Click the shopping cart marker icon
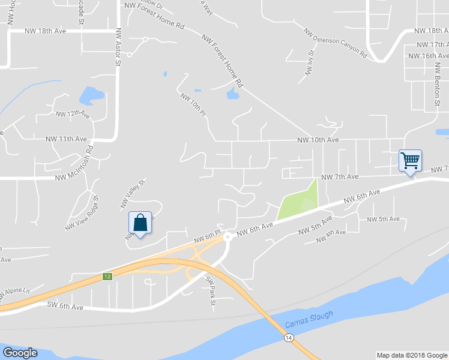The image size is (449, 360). [410, 161]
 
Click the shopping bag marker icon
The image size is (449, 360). [140, 223]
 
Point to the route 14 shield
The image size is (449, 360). [289, 338]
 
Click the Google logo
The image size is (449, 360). [20, 353]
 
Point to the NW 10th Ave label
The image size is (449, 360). [318, 140]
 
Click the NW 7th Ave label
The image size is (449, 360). [340, 177]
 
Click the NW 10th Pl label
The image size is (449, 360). [193, 104]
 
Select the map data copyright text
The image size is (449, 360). [411, 355]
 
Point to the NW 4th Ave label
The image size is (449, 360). [331, 236]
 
